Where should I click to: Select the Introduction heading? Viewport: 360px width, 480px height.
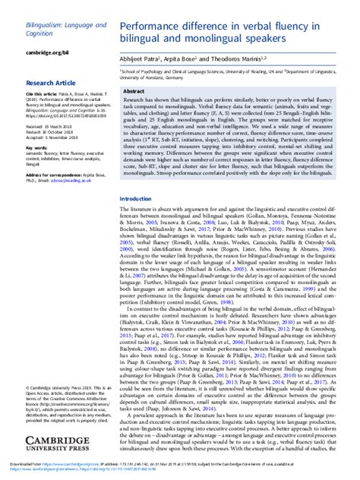point(137,198)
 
